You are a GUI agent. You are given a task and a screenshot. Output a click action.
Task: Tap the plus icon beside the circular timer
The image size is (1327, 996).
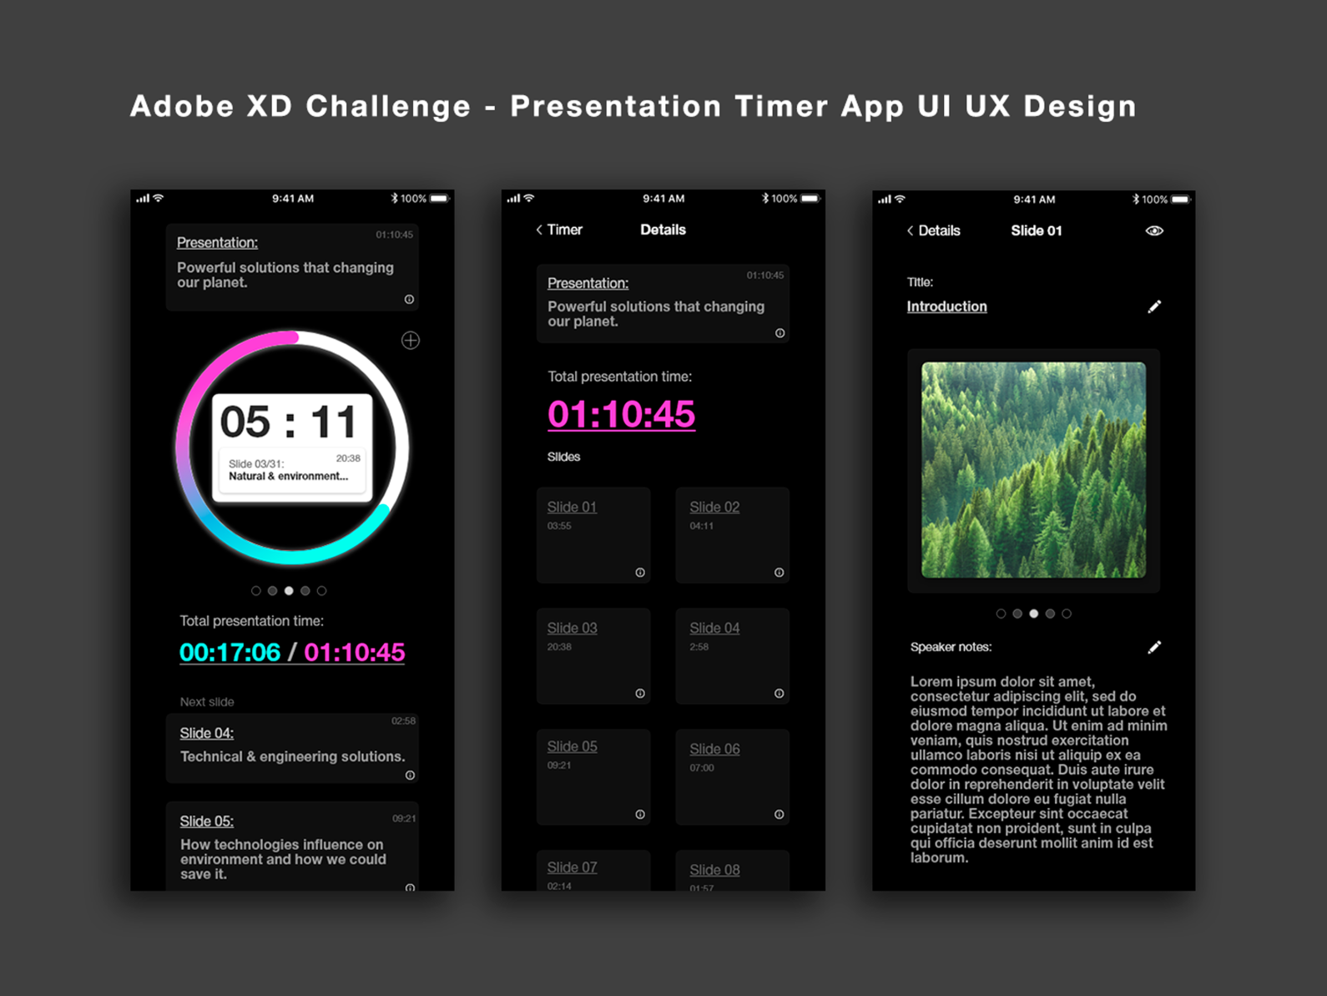[411, 341]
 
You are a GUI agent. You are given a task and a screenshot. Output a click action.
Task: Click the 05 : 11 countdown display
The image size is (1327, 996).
[289, 422]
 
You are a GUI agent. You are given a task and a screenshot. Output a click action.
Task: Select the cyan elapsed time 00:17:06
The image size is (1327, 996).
[230, 652]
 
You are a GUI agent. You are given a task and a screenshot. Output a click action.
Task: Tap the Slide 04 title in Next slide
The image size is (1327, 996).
[207, 733]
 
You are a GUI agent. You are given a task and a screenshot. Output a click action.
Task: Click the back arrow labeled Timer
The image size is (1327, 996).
[559, 230]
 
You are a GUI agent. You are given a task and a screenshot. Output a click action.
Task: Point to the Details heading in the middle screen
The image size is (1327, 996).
[663, 230]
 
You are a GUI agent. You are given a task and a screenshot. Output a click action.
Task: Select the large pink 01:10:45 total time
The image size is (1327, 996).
[621, 414]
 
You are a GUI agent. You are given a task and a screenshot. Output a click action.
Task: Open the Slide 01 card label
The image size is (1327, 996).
[572, 507]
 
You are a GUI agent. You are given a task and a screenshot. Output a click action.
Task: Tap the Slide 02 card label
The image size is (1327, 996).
[714, 507]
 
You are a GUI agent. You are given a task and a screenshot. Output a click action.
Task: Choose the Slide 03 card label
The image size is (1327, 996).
[572, 628]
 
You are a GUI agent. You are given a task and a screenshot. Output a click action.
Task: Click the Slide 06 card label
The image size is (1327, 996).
[714, 749]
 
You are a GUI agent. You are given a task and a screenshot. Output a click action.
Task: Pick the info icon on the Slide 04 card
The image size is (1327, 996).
[779, 694]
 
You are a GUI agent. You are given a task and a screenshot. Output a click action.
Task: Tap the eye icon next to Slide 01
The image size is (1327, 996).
[1154, 230]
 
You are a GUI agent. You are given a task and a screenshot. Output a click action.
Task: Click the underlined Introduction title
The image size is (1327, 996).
[946, 306]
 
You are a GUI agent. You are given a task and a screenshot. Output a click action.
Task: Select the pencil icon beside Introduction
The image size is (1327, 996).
[1154, 306]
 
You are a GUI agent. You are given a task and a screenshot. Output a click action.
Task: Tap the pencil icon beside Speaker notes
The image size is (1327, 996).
[1154, 647]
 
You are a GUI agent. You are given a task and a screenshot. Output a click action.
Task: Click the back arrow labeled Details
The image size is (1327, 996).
[933, 230]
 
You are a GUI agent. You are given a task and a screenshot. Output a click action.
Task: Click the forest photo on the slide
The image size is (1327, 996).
[1033, 469]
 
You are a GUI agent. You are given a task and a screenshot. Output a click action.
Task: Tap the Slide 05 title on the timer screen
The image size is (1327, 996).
[207, 821]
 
